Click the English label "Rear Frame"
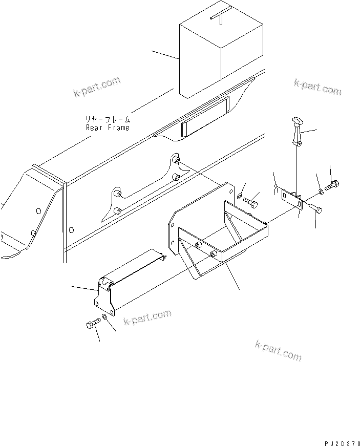coord(108,128)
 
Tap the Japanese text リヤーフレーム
coord(108,119)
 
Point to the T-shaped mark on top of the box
coord(218,17)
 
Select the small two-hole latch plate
coord(291,198)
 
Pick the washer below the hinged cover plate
coord(104,318)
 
